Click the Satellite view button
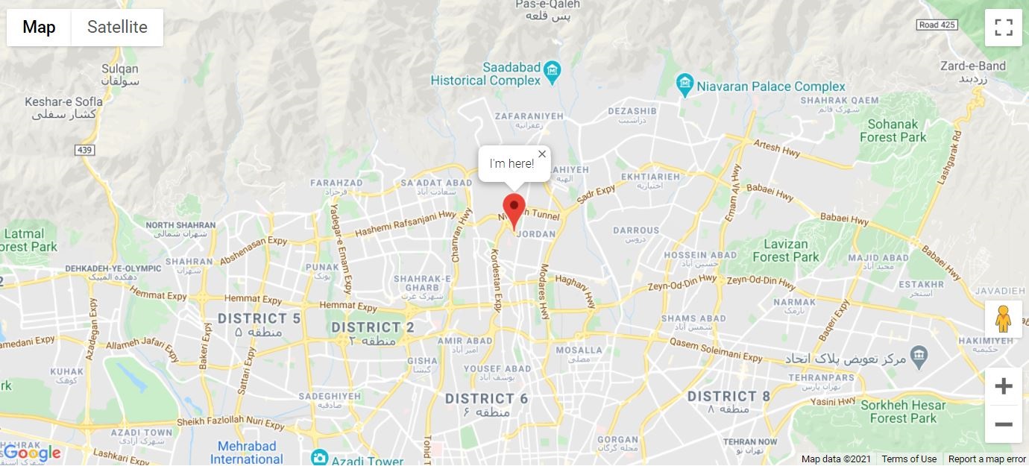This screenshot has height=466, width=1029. tap(117, 28)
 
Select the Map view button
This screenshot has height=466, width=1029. tap(39, 28)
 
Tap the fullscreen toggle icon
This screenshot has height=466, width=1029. tap(1004, 28)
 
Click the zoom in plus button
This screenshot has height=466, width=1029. tap(1004, 386)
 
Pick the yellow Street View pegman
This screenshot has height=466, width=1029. tap(1004, 319)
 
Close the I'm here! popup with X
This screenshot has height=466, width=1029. tap(542, 154)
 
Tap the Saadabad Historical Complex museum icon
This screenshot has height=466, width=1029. tap(553, 72)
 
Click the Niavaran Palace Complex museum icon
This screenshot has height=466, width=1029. tap(685, 86)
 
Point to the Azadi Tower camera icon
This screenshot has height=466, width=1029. tap(320, 457)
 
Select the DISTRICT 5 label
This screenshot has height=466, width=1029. tap(259, 319)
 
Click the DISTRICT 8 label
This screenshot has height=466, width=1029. tap(729, 397)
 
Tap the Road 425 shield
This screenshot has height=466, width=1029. tap(937, 25)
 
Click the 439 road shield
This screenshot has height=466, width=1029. tap(85, 150)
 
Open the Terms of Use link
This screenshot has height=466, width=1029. tap(909, 459)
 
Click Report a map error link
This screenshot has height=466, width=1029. tap(987, 459)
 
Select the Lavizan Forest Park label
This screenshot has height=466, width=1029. tap(786, 251)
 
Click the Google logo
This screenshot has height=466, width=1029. tap(31, 453)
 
